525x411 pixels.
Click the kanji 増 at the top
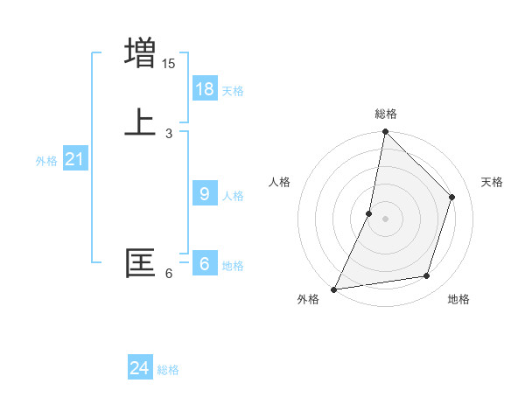140,52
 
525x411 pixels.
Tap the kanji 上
140,122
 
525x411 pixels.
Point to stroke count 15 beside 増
169,64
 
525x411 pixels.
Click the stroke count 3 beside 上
169,134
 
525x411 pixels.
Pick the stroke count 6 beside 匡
169,274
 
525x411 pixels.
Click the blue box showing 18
205,89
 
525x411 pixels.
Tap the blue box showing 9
205,194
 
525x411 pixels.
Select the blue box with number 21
75,159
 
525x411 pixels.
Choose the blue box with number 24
140,368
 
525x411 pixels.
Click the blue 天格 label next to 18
233,91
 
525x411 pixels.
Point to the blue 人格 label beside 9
233,196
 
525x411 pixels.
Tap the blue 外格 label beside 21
46,161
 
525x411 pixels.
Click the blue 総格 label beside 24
168,370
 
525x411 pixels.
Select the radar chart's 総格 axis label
386,114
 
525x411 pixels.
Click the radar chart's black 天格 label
493,182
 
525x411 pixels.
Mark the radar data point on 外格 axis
334,289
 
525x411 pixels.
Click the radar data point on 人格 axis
369,213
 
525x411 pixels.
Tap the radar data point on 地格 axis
427,275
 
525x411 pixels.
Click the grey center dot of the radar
386,219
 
